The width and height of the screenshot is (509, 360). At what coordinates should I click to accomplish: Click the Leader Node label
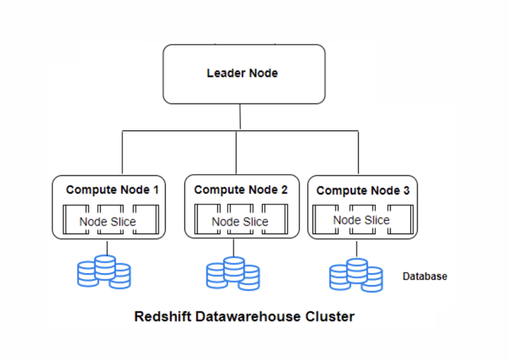[x=242, y=74]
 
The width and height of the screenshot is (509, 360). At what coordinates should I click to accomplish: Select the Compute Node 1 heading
[x=112, y=190]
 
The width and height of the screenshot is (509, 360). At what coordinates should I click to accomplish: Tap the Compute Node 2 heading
[x=240, y=190]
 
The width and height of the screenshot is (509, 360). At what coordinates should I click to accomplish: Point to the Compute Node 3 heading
[x=363, y=190]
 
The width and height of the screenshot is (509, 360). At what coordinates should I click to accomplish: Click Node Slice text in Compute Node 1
[x=107, y=221]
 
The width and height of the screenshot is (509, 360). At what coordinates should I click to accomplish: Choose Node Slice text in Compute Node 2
[x=240, y=221]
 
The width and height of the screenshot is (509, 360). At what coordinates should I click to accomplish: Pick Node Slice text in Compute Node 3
[x=361, y=220]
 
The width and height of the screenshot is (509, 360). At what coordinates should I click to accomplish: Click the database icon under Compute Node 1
[x=105, y=272]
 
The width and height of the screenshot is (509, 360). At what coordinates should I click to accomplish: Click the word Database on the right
[x=425, y=277]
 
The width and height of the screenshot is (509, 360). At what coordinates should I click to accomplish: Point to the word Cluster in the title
[x=330, y=316]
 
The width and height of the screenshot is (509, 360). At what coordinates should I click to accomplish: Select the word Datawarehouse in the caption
[x=252, y=316]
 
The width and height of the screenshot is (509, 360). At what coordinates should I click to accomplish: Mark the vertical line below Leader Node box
[x=240, y=117]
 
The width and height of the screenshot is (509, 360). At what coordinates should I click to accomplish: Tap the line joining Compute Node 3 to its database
[x=356, y=248]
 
